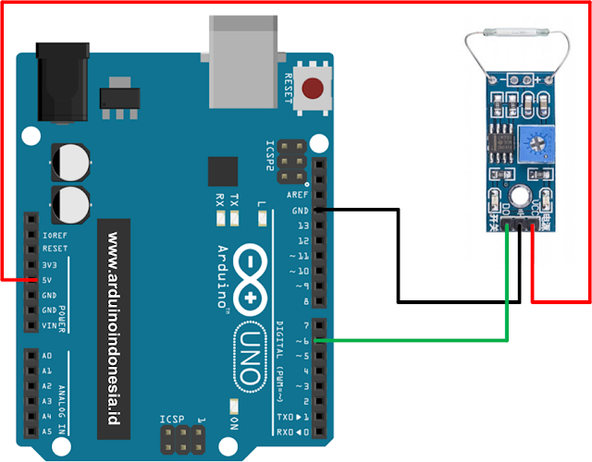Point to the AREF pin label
pos(298,196)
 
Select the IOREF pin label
pos(55,235)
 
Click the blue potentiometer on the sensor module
pos(534,141)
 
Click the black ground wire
pos(398,259)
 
